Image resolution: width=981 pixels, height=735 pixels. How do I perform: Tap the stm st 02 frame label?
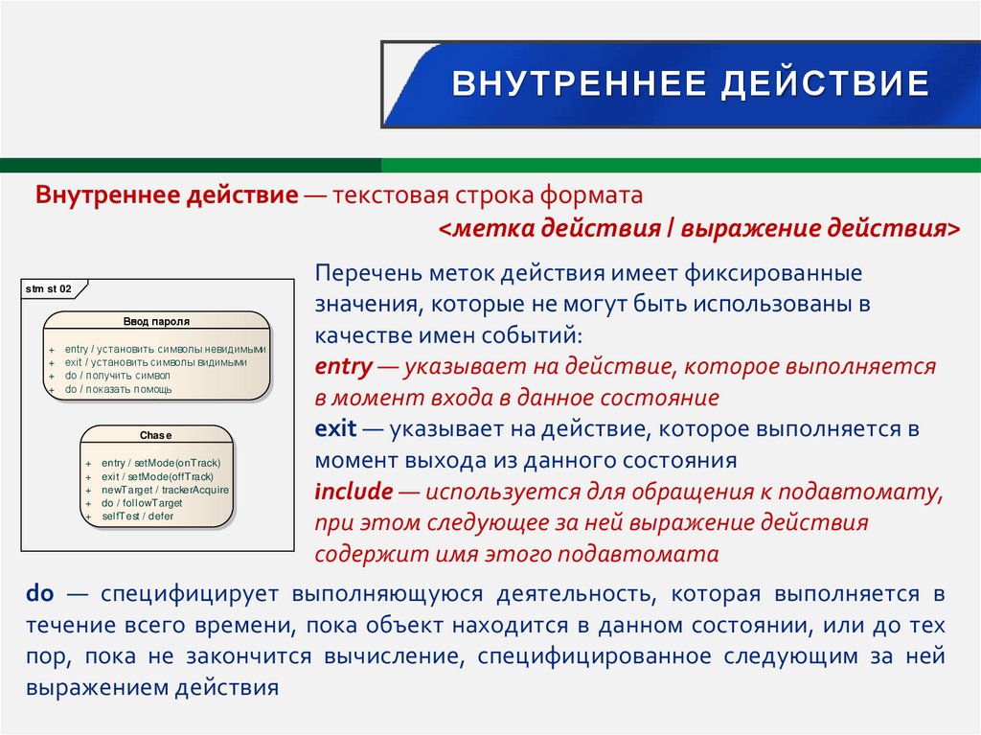point(49,288)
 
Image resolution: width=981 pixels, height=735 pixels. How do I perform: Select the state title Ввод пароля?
point(156,322)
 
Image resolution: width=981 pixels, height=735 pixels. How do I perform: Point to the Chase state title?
point(156,435)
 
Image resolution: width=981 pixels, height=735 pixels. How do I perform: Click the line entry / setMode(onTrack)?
point(160,462)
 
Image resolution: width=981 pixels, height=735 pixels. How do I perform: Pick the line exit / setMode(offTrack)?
point(157,476)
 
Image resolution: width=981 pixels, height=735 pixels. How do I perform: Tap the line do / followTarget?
point(141,503)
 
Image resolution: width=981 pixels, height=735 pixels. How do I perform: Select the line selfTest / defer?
point(137,517)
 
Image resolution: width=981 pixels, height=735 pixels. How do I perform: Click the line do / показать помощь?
point(119,390)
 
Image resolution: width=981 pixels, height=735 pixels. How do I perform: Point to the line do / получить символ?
point(118,377)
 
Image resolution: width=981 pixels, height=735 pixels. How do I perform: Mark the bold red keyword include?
point(354,493)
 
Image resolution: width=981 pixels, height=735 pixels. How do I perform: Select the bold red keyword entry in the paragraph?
point(342,366)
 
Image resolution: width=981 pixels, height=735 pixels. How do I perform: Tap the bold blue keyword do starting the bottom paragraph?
point(39,594)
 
